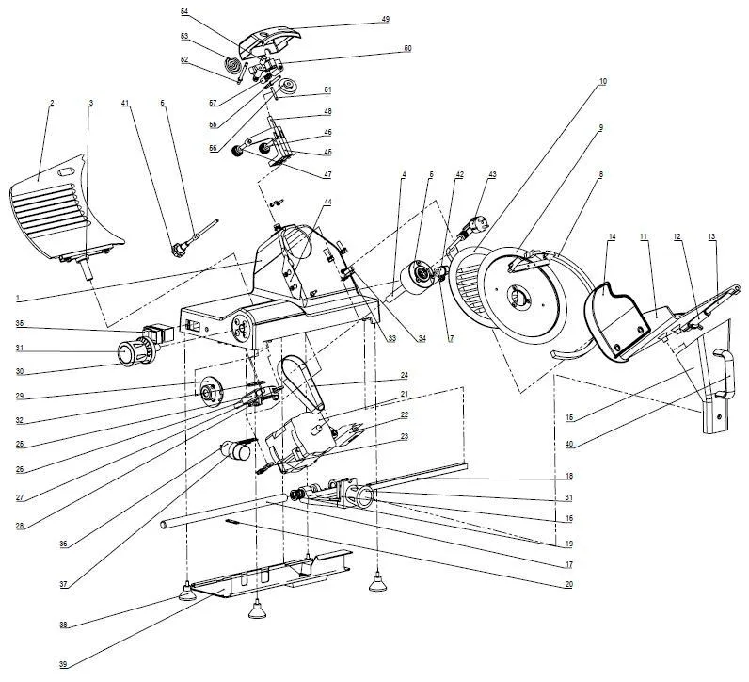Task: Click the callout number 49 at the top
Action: (386, 19)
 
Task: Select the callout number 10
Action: (602, 82)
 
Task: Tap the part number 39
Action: (63, 665)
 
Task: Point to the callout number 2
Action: (52, 102)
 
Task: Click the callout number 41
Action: (124, 102)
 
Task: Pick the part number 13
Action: (711, 235)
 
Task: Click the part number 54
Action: (184, 11)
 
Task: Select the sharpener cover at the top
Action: (268, 42)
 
